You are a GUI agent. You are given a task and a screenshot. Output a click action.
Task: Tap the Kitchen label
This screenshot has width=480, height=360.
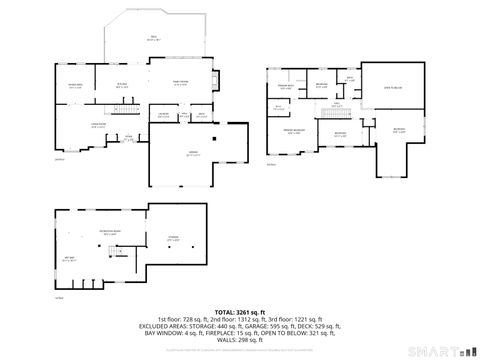coord(122,86)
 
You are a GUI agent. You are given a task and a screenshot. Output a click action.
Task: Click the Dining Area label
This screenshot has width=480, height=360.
coord(75,86)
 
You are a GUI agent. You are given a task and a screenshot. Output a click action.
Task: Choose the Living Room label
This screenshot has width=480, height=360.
coord(71,126)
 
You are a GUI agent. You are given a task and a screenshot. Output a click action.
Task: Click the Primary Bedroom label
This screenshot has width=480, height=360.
coord(293,131)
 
